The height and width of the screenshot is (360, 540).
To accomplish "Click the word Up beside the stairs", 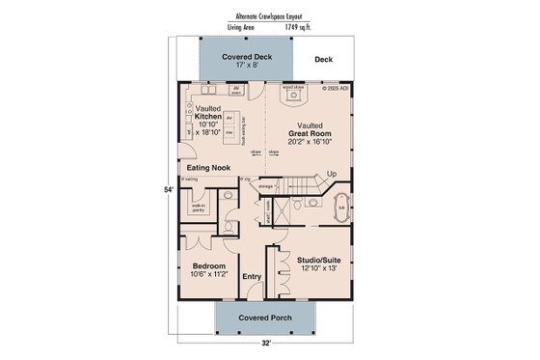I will (333, 174).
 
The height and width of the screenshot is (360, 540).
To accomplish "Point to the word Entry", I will (252, 277).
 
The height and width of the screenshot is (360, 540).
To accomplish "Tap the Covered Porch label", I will (257, 317).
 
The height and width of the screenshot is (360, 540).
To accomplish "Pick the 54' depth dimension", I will (170, 190).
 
